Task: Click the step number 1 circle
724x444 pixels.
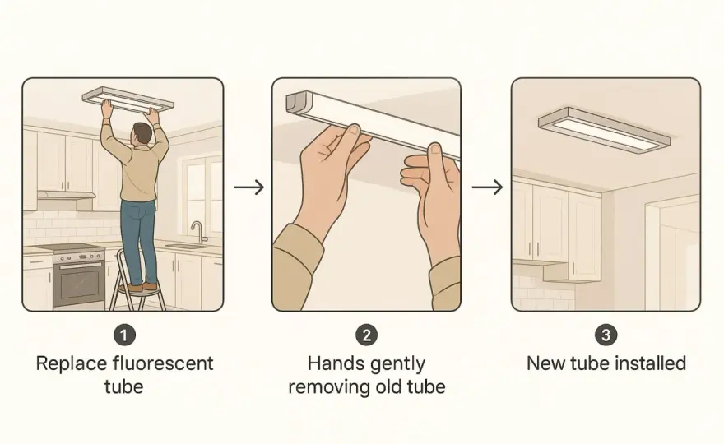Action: (x=125, y=335)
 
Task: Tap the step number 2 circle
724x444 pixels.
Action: (x=367, y=335)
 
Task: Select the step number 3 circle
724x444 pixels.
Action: (x=606, y=335)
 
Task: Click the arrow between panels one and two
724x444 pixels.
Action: (x=248, y=187)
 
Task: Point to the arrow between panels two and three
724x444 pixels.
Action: (x=487, y=187)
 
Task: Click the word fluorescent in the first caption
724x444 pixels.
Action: (x=163, y=363)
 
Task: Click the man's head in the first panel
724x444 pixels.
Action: (x=142, y=134)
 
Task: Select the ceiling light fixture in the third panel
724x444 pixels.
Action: (x=604, y=128)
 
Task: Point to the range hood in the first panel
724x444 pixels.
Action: (x=66, y=195)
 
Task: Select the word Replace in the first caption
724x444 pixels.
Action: (x=72, y=364)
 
